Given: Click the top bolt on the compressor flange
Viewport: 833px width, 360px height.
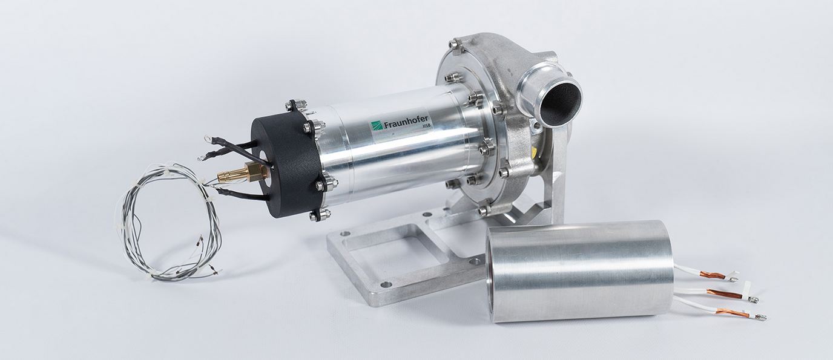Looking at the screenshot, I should click(455, 45).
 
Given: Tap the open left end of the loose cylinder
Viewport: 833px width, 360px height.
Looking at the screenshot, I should click(505, 272).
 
